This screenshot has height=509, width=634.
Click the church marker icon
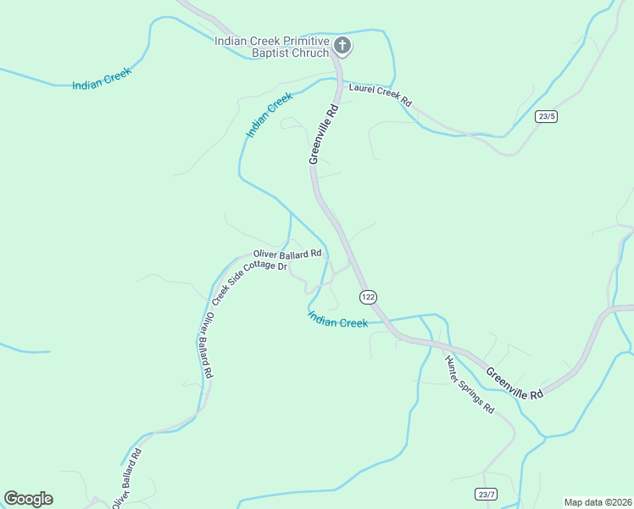342,46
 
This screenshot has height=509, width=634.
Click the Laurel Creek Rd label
380,92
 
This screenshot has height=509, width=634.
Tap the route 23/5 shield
547,117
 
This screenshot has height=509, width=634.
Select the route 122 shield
368,296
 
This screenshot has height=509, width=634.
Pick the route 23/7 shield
486,494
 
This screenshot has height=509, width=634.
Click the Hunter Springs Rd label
470,383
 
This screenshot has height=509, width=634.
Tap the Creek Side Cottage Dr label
250,281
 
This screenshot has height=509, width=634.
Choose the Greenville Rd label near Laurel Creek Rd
324,133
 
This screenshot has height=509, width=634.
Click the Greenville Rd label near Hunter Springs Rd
514,383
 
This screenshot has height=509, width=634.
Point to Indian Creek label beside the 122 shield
337,320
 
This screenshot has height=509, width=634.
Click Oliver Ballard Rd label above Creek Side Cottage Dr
287,253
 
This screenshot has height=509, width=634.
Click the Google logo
28,499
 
